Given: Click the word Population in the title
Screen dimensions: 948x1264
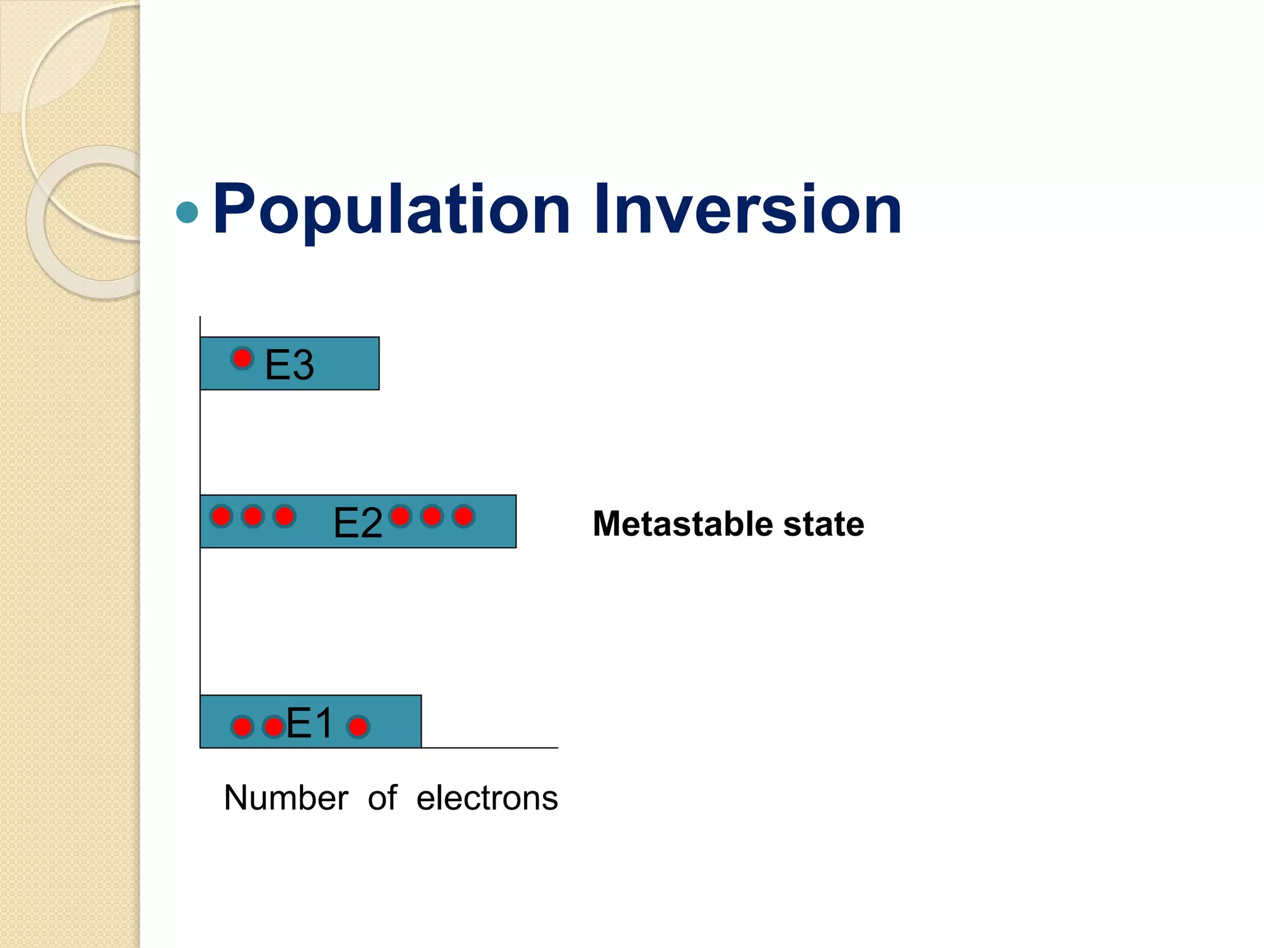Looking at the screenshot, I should [x=391, y=210].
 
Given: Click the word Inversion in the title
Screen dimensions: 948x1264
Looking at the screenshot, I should [x=747, y=210].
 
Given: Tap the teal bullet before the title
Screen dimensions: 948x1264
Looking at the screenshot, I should [x=187, y=212].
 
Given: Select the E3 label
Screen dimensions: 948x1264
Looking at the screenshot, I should [x=289, y=365].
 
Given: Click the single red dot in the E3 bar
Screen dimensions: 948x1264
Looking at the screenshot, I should [x=242, y=358].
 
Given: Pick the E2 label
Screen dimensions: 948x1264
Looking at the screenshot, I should [x=357, y=523].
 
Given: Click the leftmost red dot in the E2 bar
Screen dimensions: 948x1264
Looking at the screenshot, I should [x=221, y=516].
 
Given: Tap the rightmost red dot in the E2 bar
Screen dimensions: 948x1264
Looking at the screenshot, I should [x=464, y=516].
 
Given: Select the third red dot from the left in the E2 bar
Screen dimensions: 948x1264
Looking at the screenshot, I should [x=284, y=516].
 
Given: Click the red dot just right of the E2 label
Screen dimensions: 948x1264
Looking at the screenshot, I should [x=401, y=516].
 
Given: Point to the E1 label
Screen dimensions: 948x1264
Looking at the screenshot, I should [x=309, y=723].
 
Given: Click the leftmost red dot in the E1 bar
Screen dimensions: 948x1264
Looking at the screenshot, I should [x=242, y=727].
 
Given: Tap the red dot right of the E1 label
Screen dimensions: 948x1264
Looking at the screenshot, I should [x=358, y=727].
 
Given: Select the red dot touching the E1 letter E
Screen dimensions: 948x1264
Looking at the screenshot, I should [x=273, y=727].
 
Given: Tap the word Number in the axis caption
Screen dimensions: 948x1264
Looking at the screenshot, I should [x=286, y=797].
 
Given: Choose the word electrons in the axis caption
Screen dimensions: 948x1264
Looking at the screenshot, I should [x=487, y=797].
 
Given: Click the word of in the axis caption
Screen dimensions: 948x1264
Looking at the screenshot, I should [x=382, y=797].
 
